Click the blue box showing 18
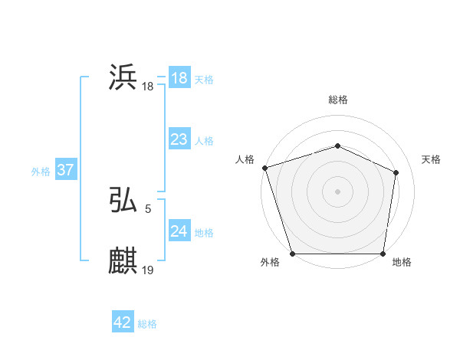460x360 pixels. (179, 78)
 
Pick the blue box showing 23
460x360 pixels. (179, 139)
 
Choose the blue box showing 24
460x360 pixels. (179, 231)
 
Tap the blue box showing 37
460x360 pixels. (65, 170)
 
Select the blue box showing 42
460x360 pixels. (122, 322)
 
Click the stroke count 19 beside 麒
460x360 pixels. (148, 270)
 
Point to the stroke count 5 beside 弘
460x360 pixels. (147, 208)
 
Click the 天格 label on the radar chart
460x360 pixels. (431, 159)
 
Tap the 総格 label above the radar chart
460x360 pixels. (337, 100)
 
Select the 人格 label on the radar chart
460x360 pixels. (245, 159)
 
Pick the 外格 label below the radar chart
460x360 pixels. (270, 263)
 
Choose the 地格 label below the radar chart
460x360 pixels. (402, 263)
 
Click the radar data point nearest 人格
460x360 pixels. (264, 168)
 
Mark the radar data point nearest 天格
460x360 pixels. (396, 172)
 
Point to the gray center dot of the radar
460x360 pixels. (337, 191)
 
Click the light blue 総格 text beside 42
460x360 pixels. (147, 324)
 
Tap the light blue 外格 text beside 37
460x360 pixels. (41, 172)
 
